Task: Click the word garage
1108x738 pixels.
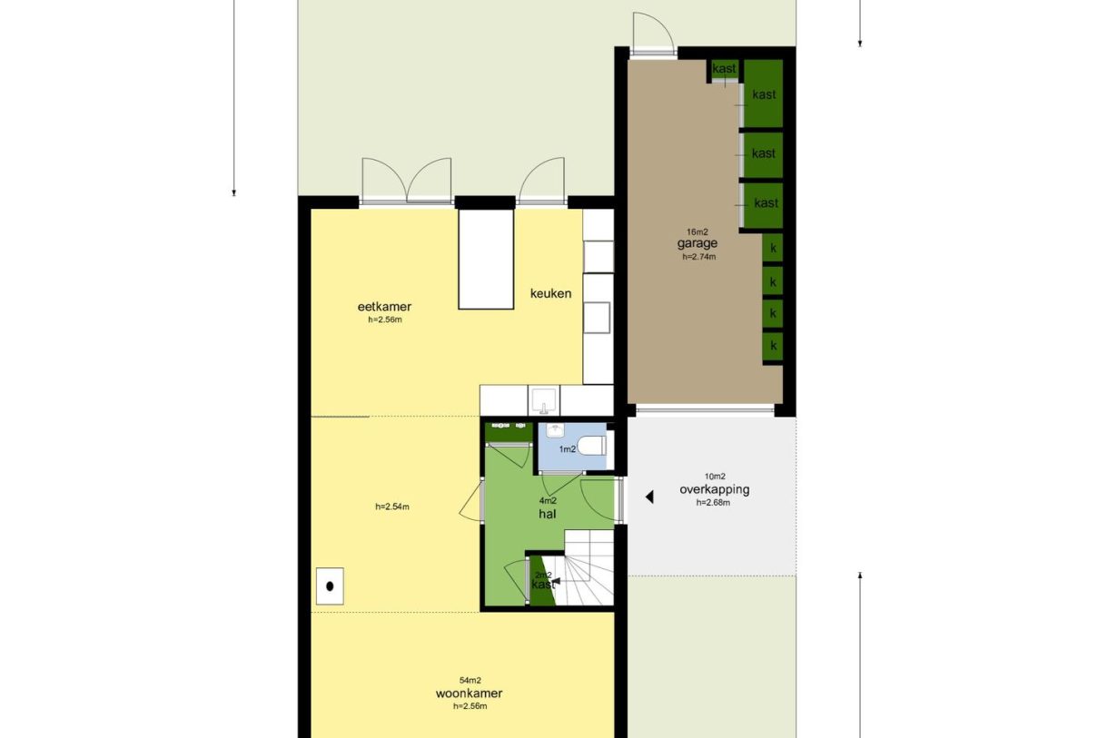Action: click(x=697, y=243)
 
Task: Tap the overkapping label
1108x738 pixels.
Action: click(x=714, y=489)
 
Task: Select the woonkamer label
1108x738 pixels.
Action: click(x=469, y=693)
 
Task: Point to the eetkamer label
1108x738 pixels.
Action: click(x=384, y=307)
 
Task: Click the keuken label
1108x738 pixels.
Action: click(x=550, y=293)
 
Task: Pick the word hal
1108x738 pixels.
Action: click(x=548, y=514)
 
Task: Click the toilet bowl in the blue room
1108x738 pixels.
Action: click(x=592, y=446)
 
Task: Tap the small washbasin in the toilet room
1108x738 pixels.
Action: click(x=555, y=430)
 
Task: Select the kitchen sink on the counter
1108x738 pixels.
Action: click(x=544, y=400)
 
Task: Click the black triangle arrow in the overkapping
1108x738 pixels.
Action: click(x=649, y=497)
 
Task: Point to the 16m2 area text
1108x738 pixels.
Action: click(x=697, y=231)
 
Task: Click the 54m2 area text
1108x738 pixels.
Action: click(x=470, y=681)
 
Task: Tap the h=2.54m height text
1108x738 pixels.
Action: click(x=392, y=507)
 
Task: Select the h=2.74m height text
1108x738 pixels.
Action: click(x=699, y=257)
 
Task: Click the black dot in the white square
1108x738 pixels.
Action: click(x=330, y=586)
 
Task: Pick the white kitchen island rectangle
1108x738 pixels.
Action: click(x=486, y=259)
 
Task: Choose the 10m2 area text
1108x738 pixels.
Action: click(x=715, y=477)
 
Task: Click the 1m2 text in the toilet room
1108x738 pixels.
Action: click(x=568, y=449)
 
